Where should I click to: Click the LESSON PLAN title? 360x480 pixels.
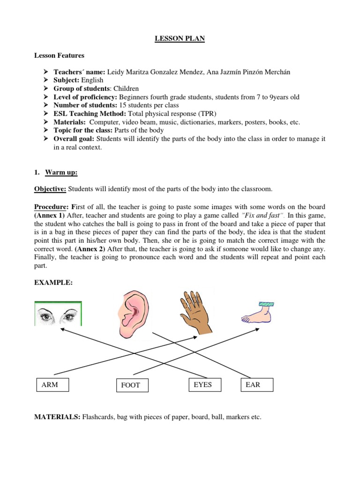pos(180,38)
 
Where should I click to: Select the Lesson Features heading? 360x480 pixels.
pos(59,55)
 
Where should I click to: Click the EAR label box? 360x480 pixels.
pos(256,385)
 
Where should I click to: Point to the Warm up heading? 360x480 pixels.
pos(61,172)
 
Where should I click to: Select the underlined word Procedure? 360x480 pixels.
pos(51,207)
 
